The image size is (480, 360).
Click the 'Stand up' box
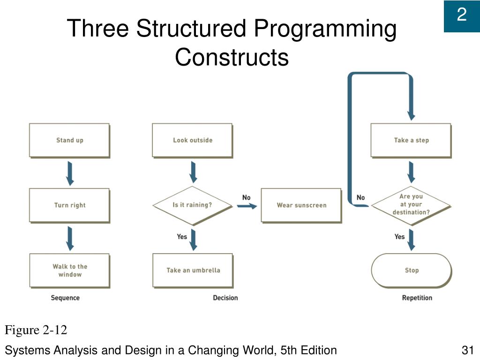(x=69, y=140)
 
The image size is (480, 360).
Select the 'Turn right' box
(x=69, y=205)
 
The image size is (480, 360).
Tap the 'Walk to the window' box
(x=69, y=270)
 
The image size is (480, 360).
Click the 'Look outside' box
(x=192, y=140)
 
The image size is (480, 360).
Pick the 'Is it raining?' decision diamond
(x=192, y=205)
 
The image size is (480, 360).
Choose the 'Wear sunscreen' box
(x=301, y=205)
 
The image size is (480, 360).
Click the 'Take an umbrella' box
(x=192, y=270)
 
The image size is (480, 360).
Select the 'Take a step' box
(x=411, y=140)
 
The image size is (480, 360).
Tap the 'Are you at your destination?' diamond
(x=411, y=205)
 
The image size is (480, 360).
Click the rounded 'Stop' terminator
(x=411, y=270)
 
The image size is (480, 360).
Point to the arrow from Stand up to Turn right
(x=70, y=173)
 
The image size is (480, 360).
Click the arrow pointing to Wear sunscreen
(x=247, y=206)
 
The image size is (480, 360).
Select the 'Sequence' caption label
(x=65, y=298)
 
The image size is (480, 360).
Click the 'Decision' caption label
(x=225, y=298)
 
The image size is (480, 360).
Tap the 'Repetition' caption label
(x=417, y=298)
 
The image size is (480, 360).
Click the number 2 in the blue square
(x=462, y=16)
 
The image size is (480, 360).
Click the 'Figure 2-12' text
(x=36, y=330)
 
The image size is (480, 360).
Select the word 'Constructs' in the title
(x=232, y=58)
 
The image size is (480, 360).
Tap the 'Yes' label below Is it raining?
(x=182, y=237)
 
